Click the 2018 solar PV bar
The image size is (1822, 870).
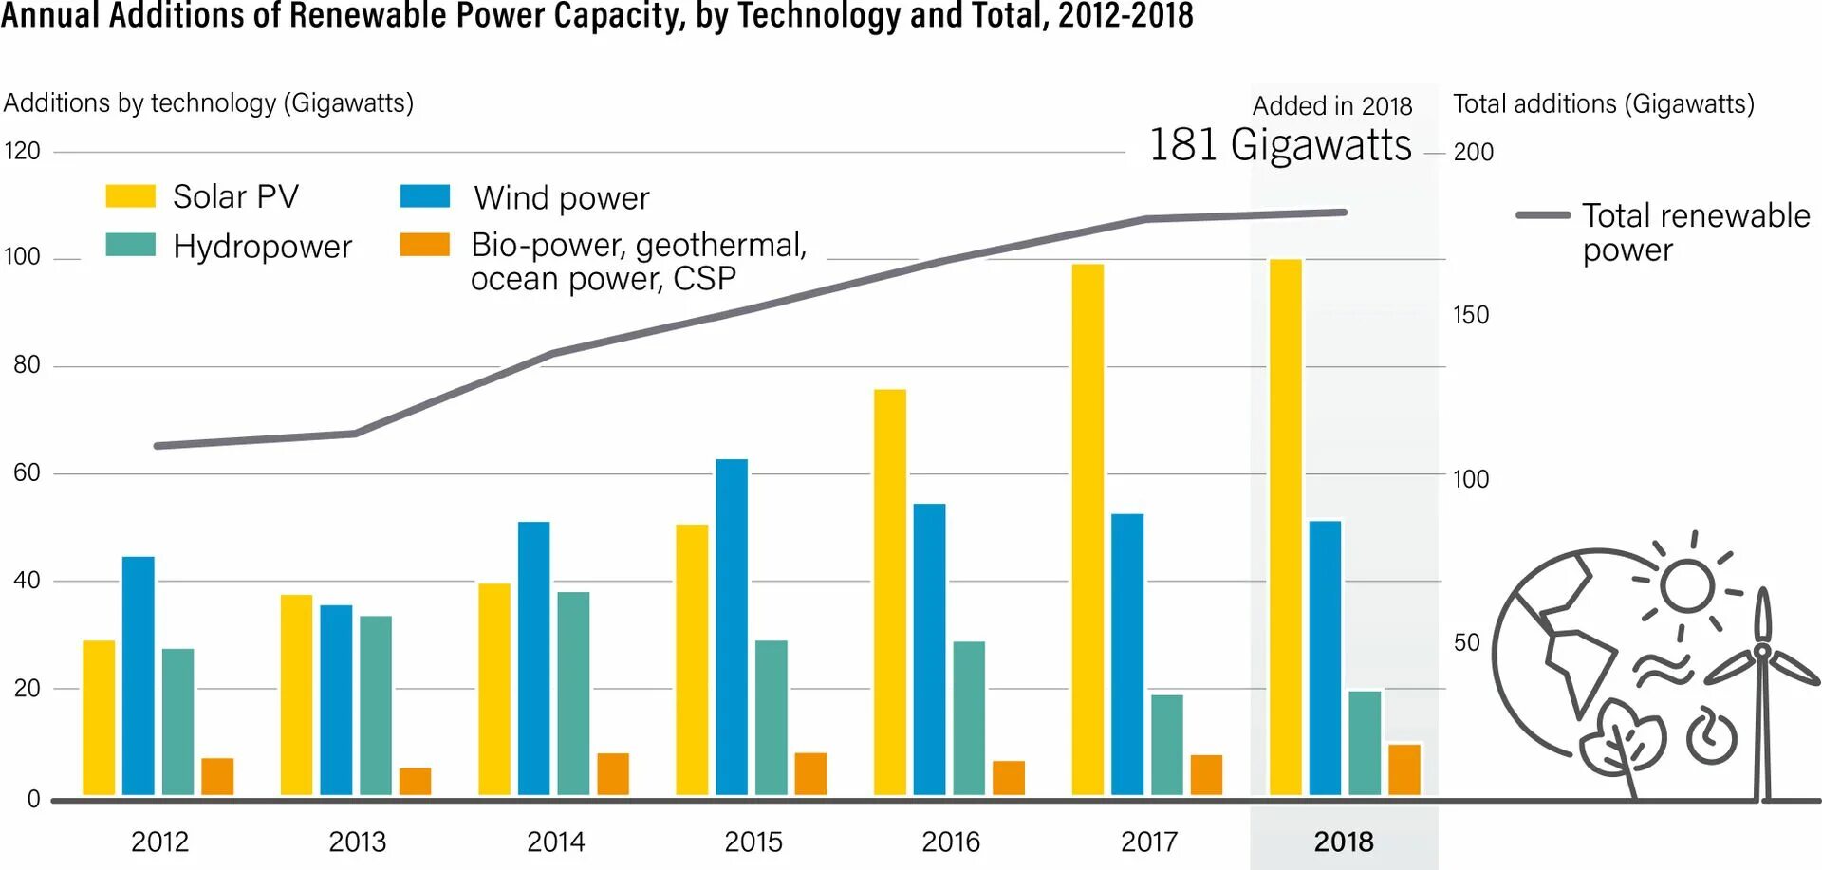1285,527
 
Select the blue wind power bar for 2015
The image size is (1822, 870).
732,626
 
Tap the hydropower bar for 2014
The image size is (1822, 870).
573,693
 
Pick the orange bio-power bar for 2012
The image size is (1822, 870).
217,776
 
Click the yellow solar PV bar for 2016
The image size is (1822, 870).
890,592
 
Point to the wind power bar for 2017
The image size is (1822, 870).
1127,655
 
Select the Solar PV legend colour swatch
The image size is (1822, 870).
130,196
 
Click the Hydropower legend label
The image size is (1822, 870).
262,247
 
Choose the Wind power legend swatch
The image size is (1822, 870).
424,196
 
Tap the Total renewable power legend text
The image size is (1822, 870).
1695,232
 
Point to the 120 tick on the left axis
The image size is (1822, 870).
22,151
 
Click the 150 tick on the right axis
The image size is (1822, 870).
1471,315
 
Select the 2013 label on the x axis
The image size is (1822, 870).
357,842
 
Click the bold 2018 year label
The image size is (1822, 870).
1343,842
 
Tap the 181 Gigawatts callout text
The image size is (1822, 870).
1279,145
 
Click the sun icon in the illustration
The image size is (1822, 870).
1687,585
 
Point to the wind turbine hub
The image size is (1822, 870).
1761,651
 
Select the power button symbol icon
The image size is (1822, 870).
1711,735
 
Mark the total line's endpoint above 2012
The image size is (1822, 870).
158,446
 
